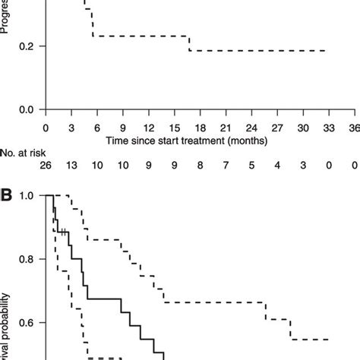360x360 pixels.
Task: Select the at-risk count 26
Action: pyautogui.click(x=46, y=167)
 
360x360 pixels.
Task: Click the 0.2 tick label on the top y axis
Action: pyautogui.click(x=27, y=46)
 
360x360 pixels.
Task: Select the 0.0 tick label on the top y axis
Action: pyautogui.click(x=27, y=109)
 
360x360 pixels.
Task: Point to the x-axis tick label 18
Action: pyautogui.click(x=201, y=127)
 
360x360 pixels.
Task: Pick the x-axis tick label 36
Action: pyautogui.click(x=354, y=127)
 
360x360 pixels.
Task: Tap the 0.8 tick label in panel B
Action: pyautogui.click(x=27, y=260)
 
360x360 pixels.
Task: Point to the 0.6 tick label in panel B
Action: pyautogui.click(x=27, y=324)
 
